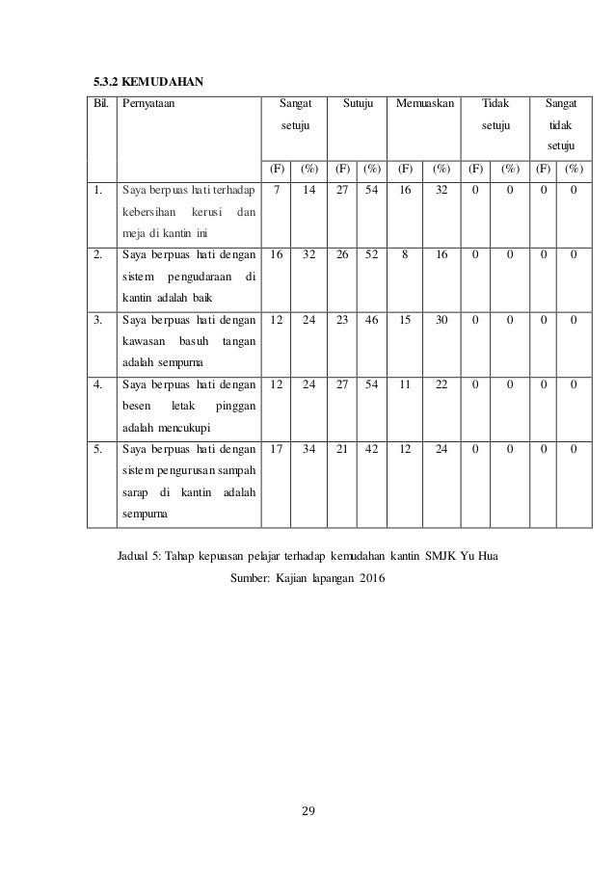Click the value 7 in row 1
tap(277, 191)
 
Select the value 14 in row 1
tap(309, 191)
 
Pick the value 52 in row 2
tap(372, 255)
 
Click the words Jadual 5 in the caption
tap(140, 558)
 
